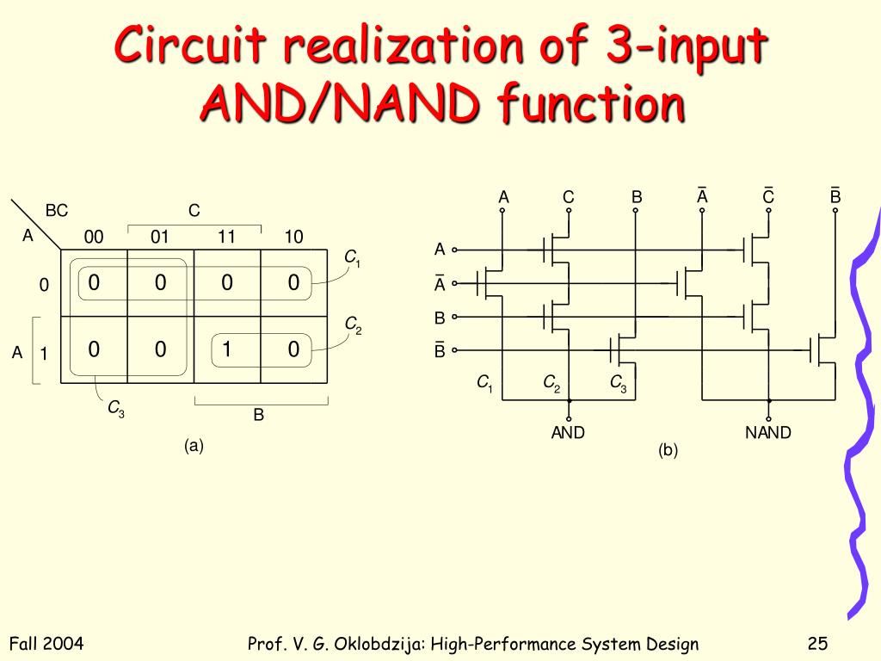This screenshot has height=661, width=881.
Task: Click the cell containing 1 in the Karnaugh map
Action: [x=226, y=349]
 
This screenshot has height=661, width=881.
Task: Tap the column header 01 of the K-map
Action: [x=160, y=237]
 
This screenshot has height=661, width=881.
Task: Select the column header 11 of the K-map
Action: [x=226, y=237]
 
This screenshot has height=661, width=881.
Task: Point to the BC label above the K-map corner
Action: [x=57, y=211]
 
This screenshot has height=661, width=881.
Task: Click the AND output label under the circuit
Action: [x=568, y=433]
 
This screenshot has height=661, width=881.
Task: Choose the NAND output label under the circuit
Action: [x=767, y=433]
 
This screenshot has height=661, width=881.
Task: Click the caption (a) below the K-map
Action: [x=193, y=446]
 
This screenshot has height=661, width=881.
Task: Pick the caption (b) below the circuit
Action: [x=668, y=449]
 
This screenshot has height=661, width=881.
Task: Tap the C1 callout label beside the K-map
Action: [x=352, y=257]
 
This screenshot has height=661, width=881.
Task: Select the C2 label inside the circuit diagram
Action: [x=551, y=383]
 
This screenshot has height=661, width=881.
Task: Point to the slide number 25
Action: [x=817, y=644]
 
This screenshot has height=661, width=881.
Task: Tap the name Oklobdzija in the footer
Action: [x=375, y=644]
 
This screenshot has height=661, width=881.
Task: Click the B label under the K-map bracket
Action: [x=258, y=416]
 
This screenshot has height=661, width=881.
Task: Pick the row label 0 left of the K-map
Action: [x=43, y=285]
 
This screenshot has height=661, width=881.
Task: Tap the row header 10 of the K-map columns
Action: [x=293, y=237]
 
